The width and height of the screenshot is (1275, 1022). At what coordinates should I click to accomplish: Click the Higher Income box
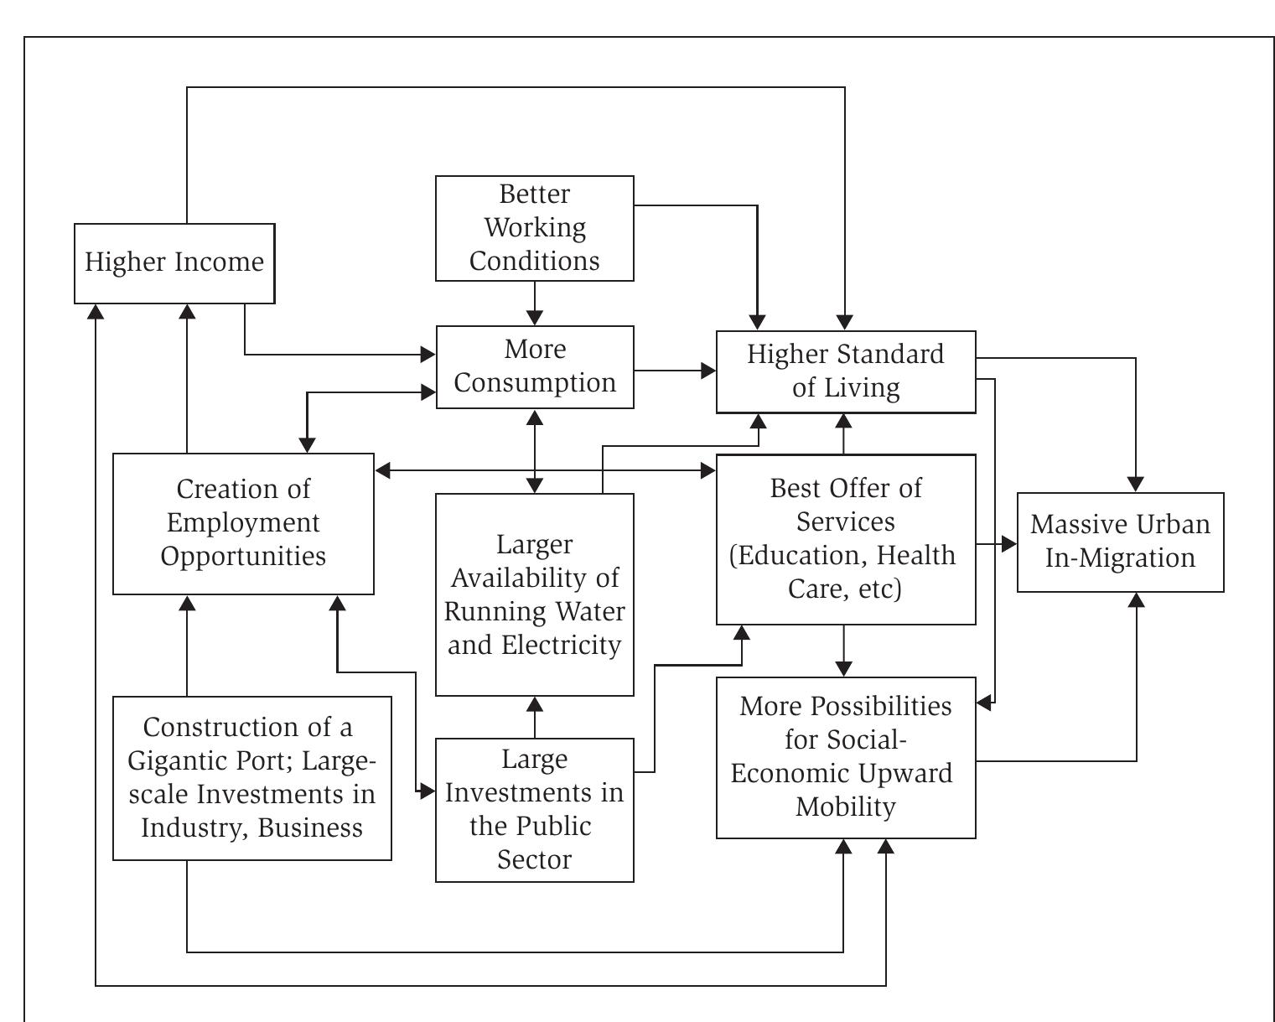pos(174,263)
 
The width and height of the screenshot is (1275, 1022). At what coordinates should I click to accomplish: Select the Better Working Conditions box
pos(534,228)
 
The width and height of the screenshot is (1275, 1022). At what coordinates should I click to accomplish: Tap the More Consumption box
pos(534,366)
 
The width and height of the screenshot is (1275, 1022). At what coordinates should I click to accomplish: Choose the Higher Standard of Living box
pos(845,371)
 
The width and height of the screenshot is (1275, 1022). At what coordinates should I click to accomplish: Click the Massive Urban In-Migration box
pos(1120,542)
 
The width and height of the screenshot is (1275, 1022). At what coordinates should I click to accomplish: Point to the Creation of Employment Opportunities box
pos(243,523)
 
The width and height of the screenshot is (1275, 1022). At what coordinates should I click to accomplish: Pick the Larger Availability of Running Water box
pos(534,594)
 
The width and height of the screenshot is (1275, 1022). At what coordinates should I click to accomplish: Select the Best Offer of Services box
pos(845,539)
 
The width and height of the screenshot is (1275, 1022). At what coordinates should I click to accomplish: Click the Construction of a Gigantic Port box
pos(251,777)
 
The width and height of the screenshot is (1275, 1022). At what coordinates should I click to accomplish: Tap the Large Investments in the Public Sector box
pos(534,809)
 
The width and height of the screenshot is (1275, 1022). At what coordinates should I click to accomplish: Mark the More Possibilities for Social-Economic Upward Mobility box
pos(845,757)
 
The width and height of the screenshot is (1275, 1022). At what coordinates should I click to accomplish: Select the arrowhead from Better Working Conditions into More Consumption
pos(534,318)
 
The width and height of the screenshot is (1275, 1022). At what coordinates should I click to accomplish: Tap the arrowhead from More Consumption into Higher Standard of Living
pos(708,371)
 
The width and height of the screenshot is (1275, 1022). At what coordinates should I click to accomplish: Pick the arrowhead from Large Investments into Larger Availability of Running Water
pos(534,705)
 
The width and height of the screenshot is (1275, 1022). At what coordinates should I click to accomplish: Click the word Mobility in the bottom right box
pos(845,807)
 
